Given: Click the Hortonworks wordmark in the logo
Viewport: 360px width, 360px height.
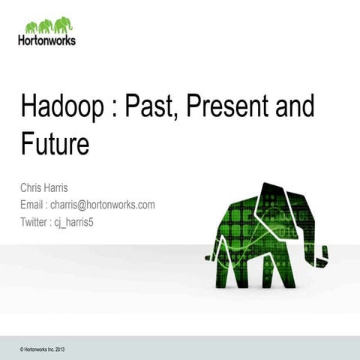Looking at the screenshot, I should coord(46,40).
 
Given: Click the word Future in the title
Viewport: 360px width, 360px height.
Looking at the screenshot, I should coord(54,143).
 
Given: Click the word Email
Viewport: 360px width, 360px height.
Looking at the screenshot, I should coord(34,205).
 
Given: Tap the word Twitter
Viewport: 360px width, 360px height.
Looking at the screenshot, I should coord(35,222).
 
